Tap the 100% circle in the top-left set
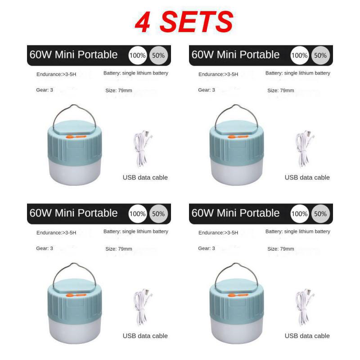pyautogui.click(x=138, y=56)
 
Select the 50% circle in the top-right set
pyautogui.click(x=320, y=56)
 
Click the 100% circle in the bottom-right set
pyautogui.click(x=300, y=214)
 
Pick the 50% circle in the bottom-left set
pyautogui.click(x=158, y=214)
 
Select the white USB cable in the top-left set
pyautogui.click(x=142, y=148)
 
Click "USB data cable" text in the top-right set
pyautogui.click(x=307, y=177)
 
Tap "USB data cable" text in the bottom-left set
pyautogui.click(x=145, y=336)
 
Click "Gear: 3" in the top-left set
pyautogui.click(x=45, y=90)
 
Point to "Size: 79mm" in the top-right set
pyautogui.click(x=281, y=90)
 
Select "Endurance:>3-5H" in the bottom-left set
pyautogui.click(x=56, y=233)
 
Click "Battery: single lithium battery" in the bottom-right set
pyautogui.click(x=298, y=231)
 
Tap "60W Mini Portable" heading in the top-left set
pyautogui.click(x=74, y=55)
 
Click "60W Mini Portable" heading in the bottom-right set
pyautogui.click(x=236, y=213)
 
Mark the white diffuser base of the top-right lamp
pyautogui.click(x=236, y=173)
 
